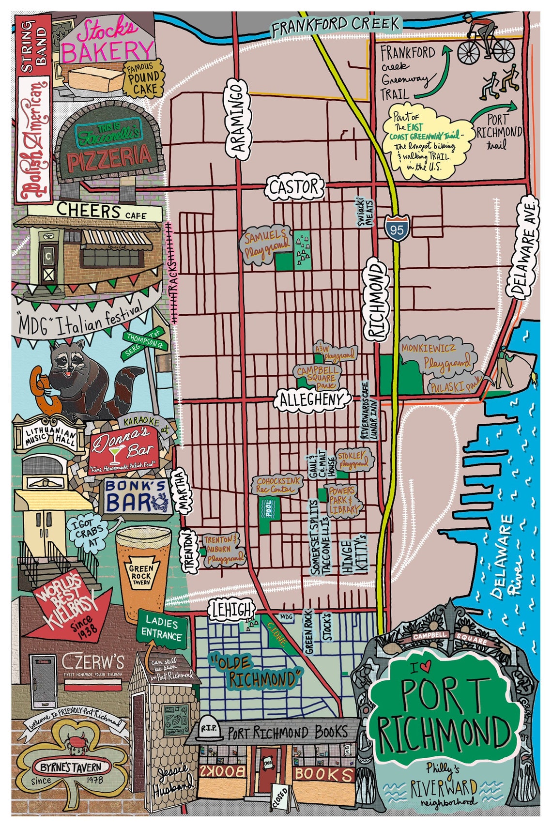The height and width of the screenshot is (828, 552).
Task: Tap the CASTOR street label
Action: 293,187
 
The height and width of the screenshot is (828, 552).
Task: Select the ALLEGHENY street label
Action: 314,399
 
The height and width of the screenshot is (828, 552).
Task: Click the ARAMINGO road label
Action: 237,119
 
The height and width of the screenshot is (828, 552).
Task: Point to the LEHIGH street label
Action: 232,610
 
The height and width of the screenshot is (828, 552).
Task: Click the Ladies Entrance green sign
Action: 162,628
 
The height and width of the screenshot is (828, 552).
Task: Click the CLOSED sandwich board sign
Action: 281,796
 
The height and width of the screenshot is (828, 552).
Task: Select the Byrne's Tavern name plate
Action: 71,767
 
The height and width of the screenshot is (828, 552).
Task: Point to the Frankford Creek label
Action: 335,25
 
